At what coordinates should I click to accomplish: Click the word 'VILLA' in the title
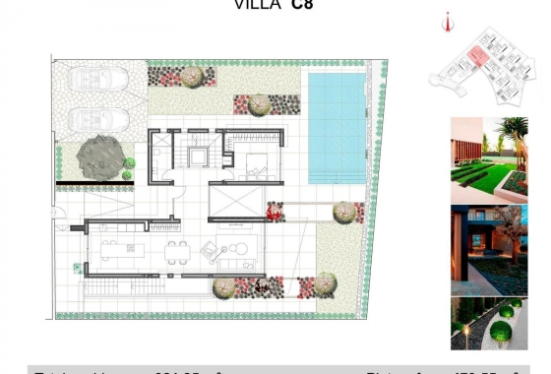click(x=255, y=5)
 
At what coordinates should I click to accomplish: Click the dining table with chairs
click(x=177, y=253)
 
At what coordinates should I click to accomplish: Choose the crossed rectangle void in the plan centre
click(x=235, y=200)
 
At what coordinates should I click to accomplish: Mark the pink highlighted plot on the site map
click(x=477, y=56)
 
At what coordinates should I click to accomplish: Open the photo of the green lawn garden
click(x=489, y=159)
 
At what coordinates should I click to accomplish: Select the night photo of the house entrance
click(x=489, y=250)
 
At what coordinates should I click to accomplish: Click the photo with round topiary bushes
click(x=489, y=325)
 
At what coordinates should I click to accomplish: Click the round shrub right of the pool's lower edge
click(x=343, y=212)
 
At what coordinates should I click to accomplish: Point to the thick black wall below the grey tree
click(x=95, y=183)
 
